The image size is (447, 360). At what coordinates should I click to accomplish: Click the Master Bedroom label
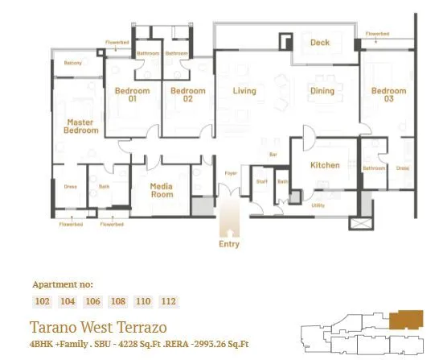(82, 126)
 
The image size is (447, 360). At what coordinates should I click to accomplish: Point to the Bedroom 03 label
(388, 95)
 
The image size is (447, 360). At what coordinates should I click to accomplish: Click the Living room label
(244, 91)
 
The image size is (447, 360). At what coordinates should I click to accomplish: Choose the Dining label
(322, 91)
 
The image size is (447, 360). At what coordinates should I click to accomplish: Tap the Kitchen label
(325, 165)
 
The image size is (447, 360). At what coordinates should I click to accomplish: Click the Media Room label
(162, 190)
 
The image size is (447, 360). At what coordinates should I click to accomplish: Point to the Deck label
(320, 43)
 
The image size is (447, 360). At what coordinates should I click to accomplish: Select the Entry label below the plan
(229, 243)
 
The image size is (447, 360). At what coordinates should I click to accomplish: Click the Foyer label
(230, 172)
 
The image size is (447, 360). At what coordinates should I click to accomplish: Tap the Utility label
(318, 205)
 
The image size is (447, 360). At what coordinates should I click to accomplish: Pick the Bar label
(273, 153)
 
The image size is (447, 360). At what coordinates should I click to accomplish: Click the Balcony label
(73, 62)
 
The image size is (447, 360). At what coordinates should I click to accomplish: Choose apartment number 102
(43, 301)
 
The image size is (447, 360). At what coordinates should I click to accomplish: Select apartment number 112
(168, 301)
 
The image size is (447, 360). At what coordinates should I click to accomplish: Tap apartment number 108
(118, 301)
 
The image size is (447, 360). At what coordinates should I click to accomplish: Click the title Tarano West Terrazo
(97, 328)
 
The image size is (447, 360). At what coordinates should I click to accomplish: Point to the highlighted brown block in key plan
(408, 321)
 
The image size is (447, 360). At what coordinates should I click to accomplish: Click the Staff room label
(261, 181)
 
